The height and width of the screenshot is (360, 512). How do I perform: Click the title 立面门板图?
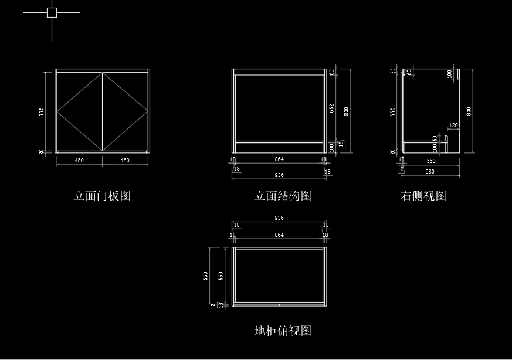click(102, 196)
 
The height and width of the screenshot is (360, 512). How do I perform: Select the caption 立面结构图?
click(283, 196)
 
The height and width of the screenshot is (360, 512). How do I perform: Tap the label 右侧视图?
click(423, 196)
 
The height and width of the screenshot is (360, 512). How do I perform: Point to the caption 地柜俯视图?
click(283, 331)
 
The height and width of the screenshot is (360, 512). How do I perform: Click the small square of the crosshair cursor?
click(52, 12)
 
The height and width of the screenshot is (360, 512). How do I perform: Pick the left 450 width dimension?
click(79, 160)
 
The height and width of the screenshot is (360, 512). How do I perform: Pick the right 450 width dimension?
click(125, 160)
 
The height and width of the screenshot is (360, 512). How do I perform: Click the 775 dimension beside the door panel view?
click(42, 111)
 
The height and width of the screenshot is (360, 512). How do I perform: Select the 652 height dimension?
click(332, 108)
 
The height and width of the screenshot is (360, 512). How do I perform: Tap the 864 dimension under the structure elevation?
click(279, 159)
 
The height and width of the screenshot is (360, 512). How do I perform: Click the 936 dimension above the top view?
click(279, 218)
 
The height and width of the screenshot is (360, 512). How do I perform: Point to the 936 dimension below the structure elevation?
click(279, 175)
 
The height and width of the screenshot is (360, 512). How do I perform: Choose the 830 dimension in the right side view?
click(469, 111)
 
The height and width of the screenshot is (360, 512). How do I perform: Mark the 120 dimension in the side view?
click(453, 125)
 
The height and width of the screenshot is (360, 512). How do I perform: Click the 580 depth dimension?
click(430, 171)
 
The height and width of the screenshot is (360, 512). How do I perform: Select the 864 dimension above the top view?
click(279, 235)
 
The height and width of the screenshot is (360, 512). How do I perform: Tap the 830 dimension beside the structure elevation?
click(347, 110)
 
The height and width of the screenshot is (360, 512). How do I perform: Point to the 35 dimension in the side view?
click(393, 71)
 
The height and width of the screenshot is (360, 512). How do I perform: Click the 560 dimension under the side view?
click(431, 161)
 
